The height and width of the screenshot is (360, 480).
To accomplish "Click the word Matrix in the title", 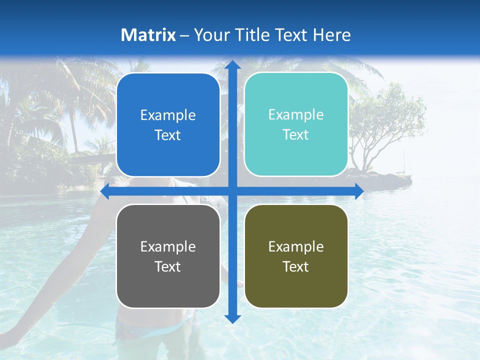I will point(148,35).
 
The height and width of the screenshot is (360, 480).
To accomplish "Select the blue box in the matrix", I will point(168,125).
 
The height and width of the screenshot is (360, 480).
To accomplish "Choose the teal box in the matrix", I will point(296,124).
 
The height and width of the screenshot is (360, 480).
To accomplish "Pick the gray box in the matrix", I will point(168,256).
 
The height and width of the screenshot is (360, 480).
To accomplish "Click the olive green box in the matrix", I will point(296,256).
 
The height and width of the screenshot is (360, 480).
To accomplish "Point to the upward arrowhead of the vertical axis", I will point(232,65).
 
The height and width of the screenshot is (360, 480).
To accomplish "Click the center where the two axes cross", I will point(232,191).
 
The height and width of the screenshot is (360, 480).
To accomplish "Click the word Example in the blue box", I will point(168,115).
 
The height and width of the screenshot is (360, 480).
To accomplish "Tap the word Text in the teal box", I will point(296,135).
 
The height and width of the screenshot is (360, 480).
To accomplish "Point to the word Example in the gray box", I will point(168,247).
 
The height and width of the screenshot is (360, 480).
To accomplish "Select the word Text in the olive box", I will point(296,267).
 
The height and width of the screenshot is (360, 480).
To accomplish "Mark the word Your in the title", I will point(210,35).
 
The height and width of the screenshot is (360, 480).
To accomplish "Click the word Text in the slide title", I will point(290,35).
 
